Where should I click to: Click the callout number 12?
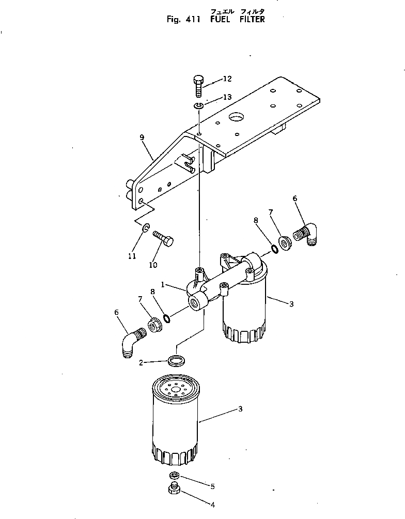coord(227,79)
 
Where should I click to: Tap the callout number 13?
coord(227,97)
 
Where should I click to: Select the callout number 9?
coord(142,138)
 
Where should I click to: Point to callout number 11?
coord(132,256)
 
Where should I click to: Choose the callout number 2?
coord(141,363)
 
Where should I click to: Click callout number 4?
coord(212,505)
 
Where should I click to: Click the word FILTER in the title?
coord(252,20)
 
